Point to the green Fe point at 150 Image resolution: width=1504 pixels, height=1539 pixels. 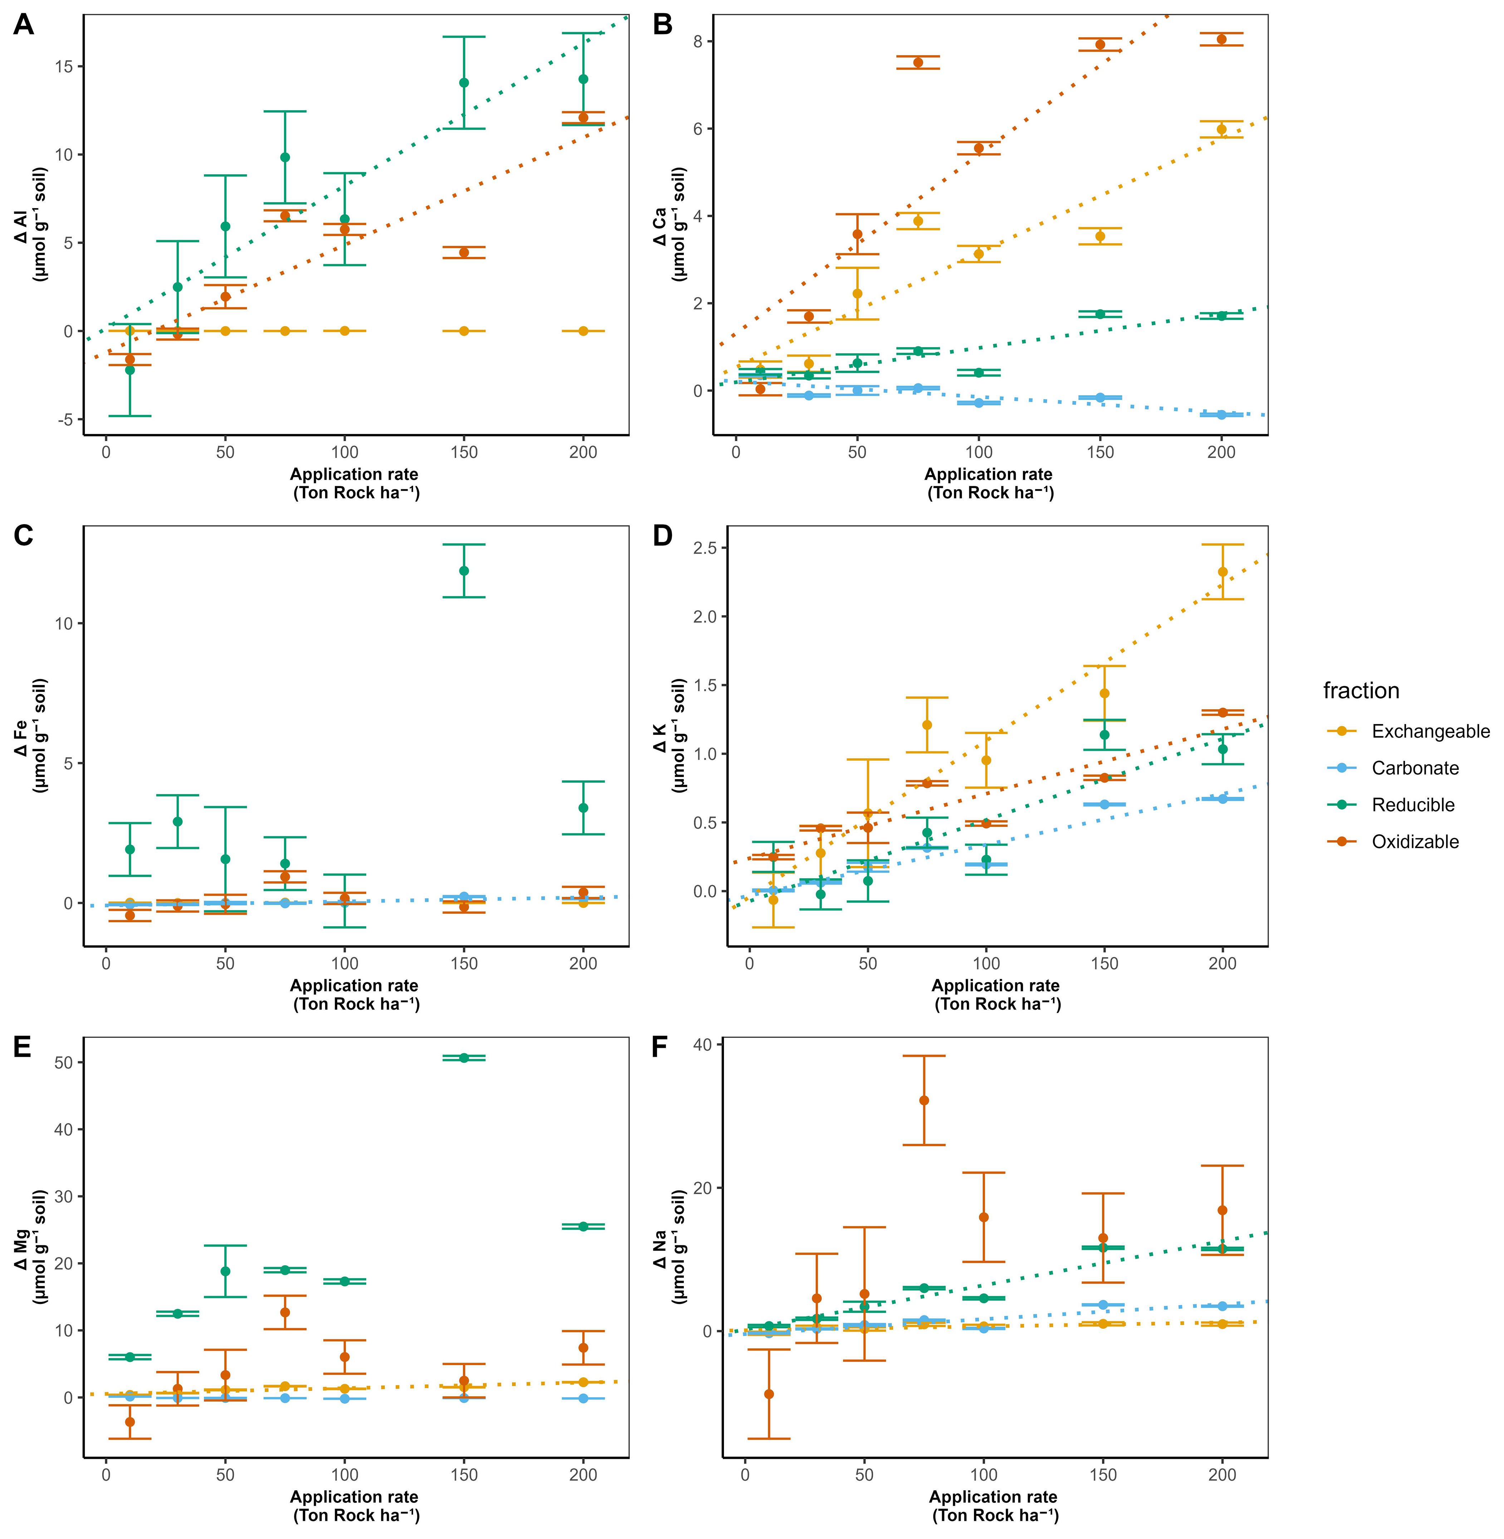tap(464, 570)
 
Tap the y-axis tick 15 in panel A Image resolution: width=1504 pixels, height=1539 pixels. tap(64, 67)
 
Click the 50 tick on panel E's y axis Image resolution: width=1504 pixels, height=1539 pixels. tap(64, 1062)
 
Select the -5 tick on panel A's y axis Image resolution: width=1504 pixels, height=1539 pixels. tap(64, 420)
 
